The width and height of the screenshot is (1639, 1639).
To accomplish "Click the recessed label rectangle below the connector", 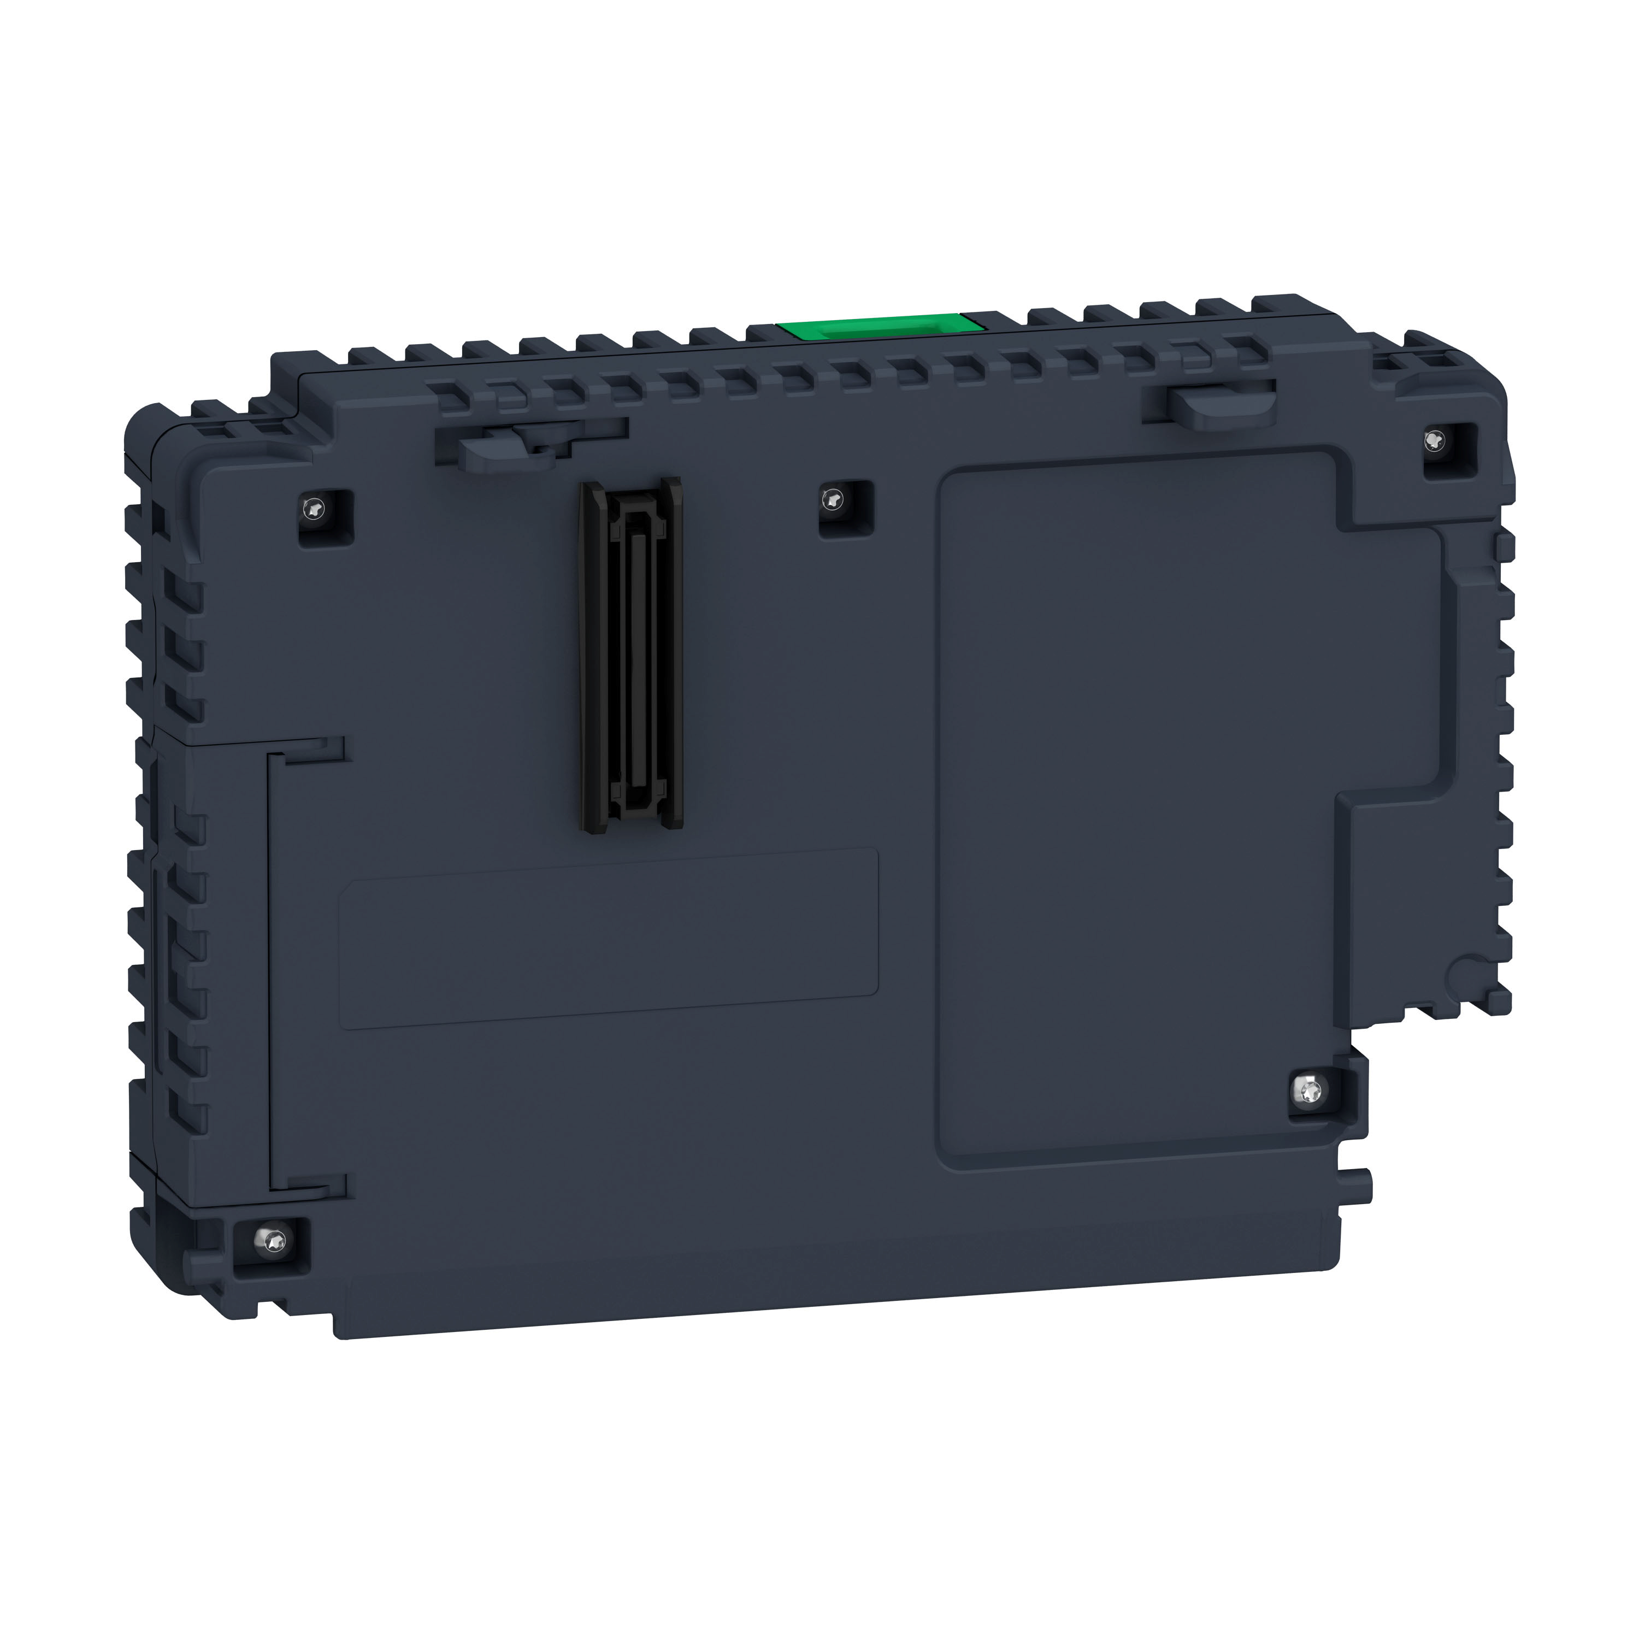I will (x=608, y=938).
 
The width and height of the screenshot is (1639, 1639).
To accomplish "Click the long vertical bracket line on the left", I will (x=270, y=967).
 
